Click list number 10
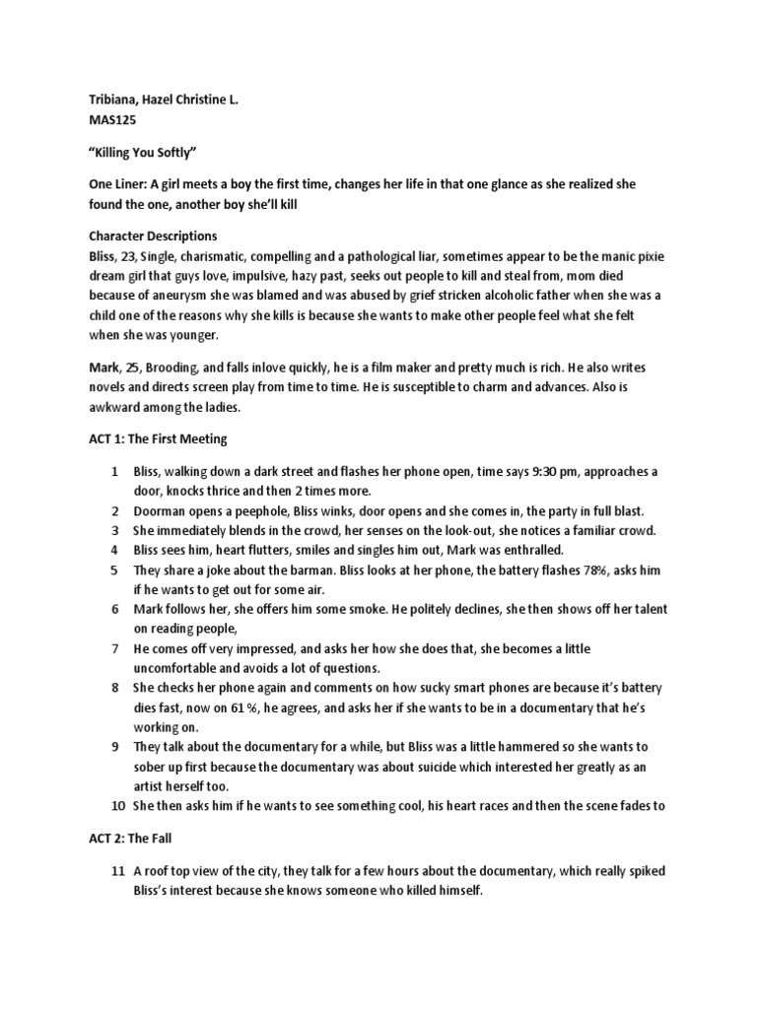113,805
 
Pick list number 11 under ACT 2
113,870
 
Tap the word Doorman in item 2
161,510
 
